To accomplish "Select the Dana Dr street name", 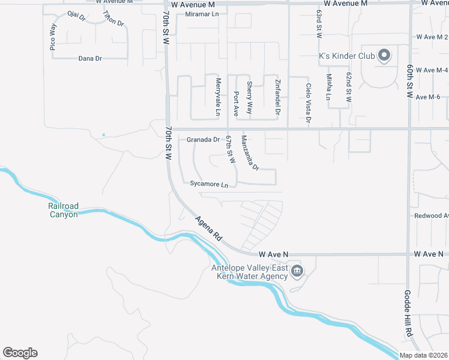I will tap(90, 58).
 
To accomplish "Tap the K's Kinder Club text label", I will tap(346, 56).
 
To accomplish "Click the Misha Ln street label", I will tap(328, 86).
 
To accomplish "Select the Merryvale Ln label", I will tap(218, 97).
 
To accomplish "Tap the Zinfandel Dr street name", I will tap(278, 97).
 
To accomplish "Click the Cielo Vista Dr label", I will tap(309, 103).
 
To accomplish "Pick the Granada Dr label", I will tap(203, 140).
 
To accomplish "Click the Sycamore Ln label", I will tap(209, 184).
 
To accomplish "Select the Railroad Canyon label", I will tap(63, 211).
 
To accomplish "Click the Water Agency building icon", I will tap(297, 272).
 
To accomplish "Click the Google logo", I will tap(20, 353).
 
